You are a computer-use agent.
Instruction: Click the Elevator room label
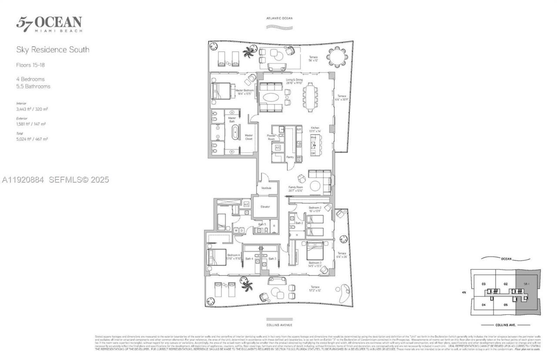265,207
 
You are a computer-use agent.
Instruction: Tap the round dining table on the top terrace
337,57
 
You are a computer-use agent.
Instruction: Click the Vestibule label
266,188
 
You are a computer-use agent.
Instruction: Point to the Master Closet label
248,137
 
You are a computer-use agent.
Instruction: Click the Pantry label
290,157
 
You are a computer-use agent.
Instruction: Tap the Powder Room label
272,137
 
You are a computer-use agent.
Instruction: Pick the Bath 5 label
262,224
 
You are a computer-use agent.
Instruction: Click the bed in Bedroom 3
315,252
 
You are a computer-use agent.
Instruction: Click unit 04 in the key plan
483,305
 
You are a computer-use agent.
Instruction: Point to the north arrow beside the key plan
464,293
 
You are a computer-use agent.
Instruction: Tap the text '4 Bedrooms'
30,79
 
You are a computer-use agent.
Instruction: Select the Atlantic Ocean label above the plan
279,18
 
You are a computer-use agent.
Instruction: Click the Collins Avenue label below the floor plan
279,325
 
